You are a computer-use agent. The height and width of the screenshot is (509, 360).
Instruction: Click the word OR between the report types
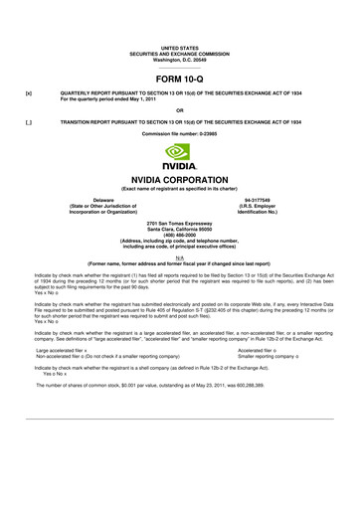[x=179, y=110]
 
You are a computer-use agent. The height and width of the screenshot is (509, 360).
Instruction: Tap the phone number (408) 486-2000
[x=179, y=234]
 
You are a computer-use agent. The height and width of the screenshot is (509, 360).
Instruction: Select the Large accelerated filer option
[x=60, y=351]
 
